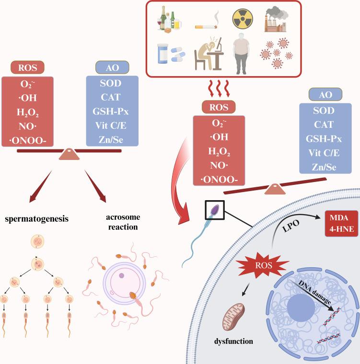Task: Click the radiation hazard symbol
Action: [x=243, y=19]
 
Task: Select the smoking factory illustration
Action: [x=276, y=19]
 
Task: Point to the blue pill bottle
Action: [x=163, y=54]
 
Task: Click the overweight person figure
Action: [x=241, y=54]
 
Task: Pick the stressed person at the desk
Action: [x=209, y=54]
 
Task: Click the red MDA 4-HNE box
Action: [x=341, y=224]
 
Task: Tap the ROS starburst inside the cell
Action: [x=263, y=265]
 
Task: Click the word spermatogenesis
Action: [x=37, y=219]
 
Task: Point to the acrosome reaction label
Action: [x=123, y=222]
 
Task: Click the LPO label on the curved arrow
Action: [x=290, y=226]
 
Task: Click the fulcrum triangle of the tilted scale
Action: [x=275, y=189]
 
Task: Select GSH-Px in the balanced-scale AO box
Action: [x=111, y=112]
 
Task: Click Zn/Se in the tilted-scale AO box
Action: [x=324, y=167]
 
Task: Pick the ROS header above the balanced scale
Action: [x=27, y=68]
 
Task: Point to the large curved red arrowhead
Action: [x=184, y=214]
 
